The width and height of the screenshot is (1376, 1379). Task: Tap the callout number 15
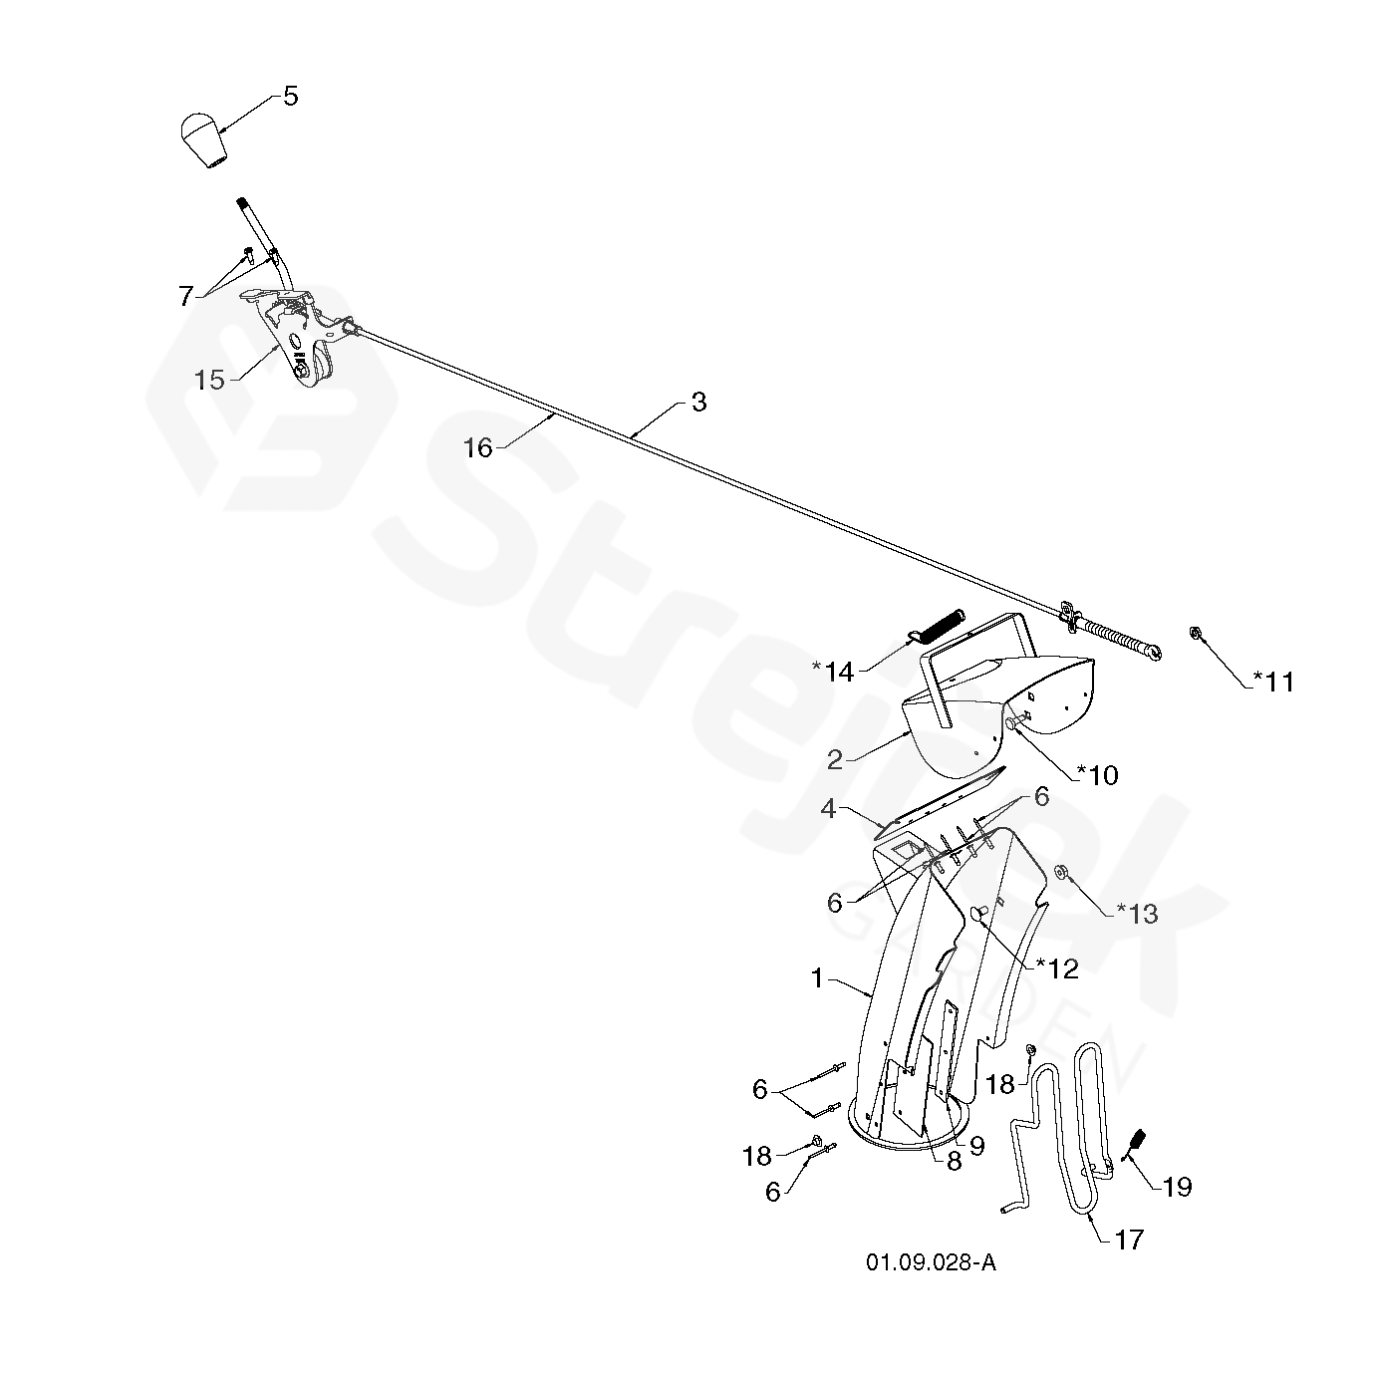(x=209, y=380)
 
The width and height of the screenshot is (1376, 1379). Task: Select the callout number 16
(x=478, y=448)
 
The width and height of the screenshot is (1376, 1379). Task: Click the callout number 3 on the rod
(x=698, y=403)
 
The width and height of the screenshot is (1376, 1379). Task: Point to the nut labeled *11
(x=1194, y=632)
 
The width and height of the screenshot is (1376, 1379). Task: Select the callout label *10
(x=1097, y=774)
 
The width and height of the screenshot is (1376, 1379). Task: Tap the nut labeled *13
(x=1062, y=873)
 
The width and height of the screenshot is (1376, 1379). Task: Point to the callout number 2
(x=835, y=760)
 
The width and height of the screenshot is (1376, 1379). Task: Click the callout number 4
(x=828, y=810)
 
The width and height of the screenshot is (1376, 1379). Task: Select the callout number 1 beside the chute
(x=818, y=978)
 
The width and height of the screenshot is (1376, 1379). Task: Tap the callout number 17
(x=1129, y=1240)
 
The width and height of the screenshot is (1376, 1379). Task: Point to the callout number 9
(x=976, y=1146)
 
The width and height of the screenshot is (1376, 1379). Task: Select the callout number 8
(x=954, y=1162)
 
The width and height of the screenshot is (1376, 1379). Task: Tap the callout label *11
(x=1272, y=682)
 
